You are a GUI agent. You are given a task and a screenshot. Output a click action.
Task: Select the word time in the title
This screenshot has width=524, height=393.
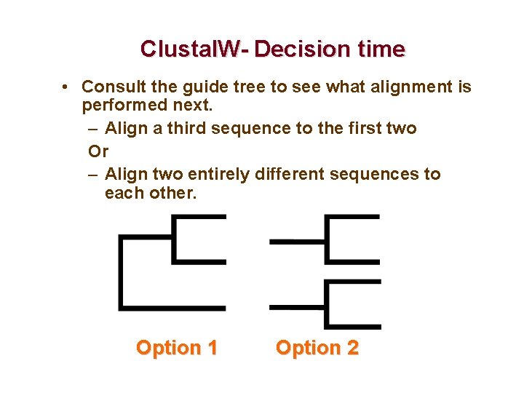click(379, 49)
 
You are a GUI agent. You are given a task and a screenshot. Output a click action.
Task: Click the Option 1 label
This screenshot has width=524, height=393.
click(177, 348)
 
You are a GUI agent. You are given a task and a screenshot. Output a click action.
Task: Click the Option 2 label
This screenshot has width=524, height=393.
click(317, 348)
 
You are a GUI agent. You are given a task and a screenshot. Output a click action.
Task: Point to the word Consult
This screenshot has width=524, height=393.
click(111, 87)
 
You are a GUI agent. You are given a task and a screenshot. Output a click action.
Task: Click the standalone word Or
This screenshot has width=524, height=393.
click(98, 151)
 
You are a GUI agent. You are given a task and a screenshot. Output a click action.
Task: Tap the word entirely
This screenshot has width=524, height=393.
click(217, 175)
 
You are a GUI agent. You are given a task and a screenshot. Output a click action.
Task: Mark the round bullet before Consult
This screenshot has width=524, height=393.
click(65, 87)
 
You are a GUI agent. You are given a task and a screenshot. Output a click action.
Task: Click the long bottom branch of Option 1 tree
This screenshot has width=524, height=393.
click(172, 308)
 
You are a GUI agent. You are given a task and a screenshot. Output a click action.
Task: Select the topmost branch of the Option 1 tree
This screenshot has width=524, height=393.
click(199, 217)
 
